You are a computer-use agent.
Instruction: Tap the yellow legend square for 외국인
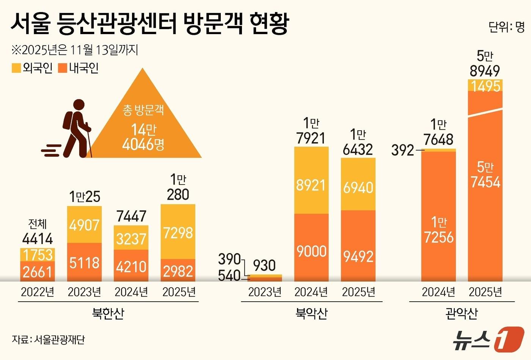click(x=16, y=68)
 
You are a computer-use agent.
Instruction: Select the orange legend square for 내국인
click(x=63, y=68)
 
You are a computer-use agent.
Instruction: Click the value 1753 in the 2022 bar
click(x=38, y=255)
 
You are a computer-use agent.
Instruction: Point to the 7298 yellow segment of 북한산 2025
click(x=178, y=232)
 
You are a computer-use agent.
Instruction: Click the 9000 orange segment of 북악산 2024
click(x=311, y=251)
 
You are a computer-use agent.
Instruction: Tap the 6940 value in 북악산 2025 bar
click(x=358, y=187)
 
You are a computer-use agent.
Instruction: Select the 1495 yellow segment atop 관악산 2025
click(x=485, y=86)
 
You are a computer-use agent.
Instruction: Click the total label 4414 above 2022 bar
click(x=38, y=239)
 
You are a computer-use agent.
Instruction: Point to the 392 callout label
click(x=403, y=150)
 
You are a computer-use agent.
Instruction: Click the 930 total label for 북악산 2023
click(x=264, y=265)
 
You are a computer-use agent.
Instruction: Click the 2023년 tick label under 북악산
click(x=264, y=292)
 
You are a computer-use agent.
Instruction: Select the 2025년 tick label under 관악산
click(x=485, y=292)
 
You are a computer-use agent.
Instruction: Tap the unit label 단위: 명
click(x=506, y=27)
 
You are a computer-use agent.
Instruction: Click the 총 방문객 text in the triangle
click(x=143, y=110)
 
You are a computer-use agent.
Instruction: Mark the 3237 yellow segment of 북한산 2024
click(x=131, y=239)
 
